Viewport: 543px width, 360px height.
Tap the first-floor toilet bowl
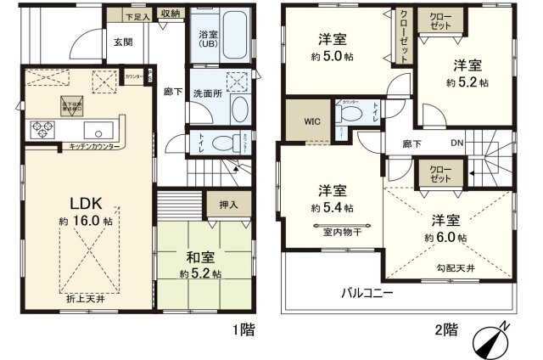(x=221, y=143)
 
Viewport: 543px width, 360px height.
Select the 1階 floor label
(x=243, y=329)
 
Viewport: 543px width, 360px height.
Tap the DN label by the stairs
(x=456, y=143)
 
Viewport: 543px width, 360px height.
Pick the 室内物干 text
(x=339, y=229)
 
